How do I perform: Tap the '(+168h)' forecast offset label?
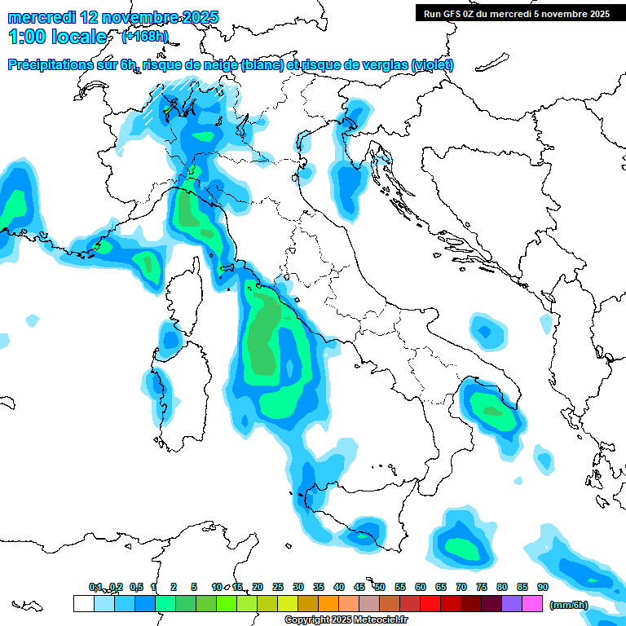146,37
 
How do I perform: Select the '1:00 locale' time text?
57,37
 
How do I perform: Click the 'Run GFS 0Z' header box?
516,13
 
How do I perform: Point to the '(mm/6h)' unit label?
569,605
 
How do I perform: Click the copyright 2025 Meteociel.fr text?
346,620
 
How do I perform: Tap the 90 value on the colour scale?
542,587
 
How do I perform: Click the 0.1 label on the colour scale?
95,587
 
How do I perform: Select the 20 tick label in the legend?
258,587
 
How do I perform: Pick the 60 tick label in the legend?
421,587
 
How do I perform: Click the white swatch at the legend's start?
83,603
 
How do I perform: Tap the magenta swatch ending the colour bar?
532,603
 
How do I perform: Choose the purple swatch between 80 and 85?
512,603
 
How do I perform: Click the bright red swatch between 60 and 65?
430,603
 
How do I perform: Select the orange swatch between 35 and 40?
328,603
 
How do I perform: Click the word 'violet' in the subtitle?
431,65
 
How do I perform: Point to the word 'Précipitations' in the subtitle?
51,65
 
